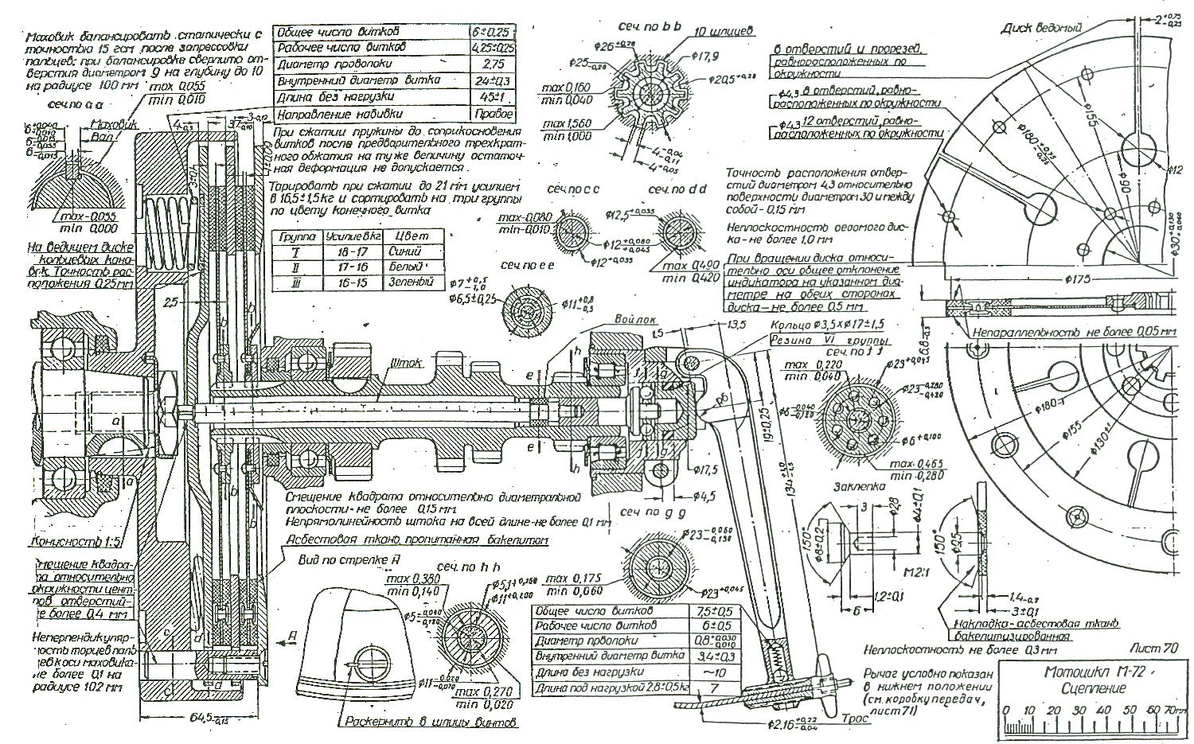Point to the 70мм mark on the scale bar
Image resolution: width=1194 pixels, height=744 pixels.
(x=1169, y=709)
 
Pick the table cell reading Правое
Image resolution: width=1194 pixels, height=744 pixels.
(x=497, y=115)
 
